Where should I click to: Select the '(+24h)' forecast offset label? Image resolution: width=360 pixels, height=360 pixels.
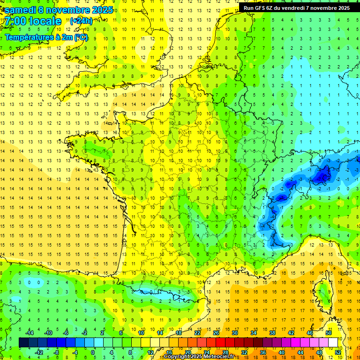point(81,21)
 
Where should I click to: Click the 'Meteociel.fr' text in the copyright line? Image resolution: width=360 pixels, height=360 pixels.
point(219,357)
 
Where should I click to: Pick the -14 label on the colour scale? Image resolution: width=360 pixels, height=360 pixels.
point(29,333)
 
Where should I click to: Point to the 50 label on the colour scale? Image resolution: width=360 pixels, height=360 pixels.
point(328,333)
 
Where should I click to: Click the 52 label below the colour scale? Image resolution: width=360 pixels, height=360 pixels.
point(337,352)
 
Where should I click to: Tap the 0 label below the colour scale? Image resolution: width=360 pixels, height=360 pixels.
point(93,352)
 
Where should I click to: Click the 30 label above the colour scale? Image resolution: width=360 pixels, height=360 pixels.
point(234,333)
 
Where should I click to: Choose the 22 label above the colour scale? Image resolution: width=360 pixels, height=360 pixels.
point(197,333)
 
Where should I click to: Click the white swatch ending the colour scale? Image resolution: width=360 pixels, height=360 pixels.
point(333,343)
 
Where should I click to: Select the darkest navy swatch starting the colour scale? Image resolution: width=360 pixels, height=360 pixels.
point(23,343)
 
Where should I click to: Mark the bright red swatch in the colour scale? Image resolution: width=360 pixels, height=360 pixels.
point(220,343)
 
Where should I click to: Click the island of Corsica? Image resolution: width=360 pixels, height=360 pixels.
point(323,293)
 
